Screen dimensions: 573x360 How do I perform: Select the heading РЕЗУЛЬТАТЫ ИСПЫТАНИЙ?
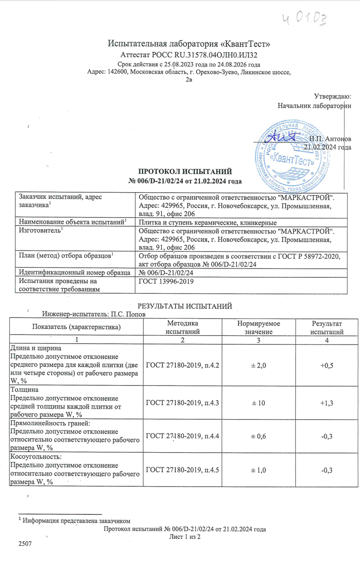(184, 306)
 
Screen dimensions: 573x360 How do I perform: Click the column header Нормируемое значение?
(258, 327)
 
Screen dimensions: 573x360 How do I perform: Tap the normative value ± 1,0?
(258, 470)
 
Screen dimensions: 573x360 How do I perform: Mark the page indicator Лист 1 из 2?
(184, 536)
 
